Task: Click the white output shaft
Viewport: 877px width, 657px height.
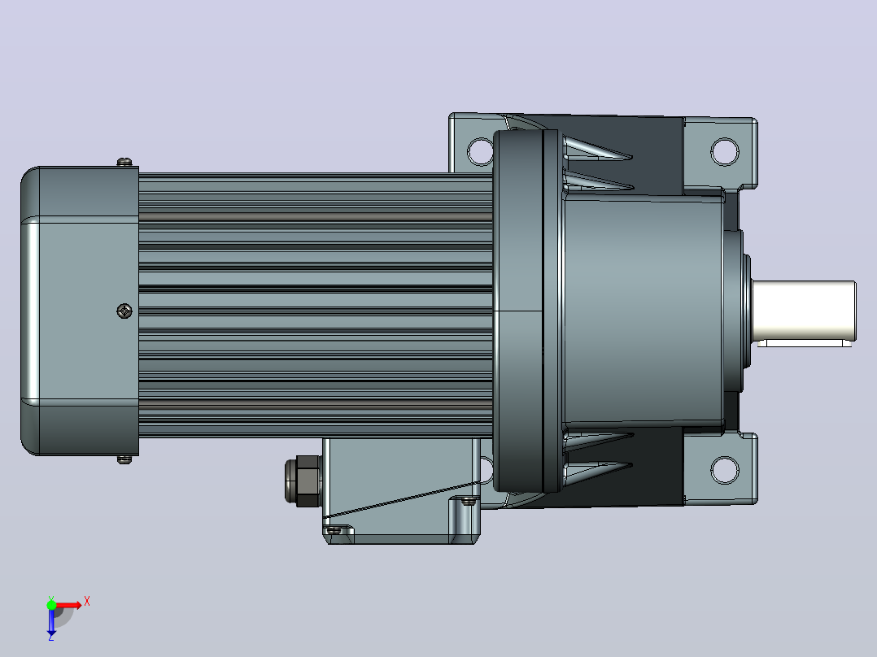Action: (804, 311)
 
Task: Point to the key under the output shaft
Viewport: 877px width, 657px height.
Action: (805, 343)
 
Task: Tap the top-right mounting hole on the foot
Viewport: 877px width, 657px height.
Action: (724, 151)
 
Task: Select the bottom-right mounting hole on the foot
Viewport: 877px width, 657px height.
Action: (724, 470)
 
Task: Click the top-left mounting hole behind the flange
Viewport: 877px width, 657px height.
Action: (479, 151)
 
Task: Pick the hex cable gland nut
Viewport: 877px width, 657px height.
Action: (302, 480)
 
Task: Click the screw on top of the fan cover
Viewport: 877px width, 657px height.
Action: (124, 162)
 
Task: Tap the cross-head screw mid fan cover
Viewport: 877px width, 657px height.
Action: (124, 311)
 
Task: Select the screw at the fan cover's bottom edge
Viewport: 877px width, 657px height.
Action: (124, 459)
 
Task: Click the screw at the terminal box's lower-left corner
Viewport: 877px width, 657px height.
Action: (334, 530)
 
